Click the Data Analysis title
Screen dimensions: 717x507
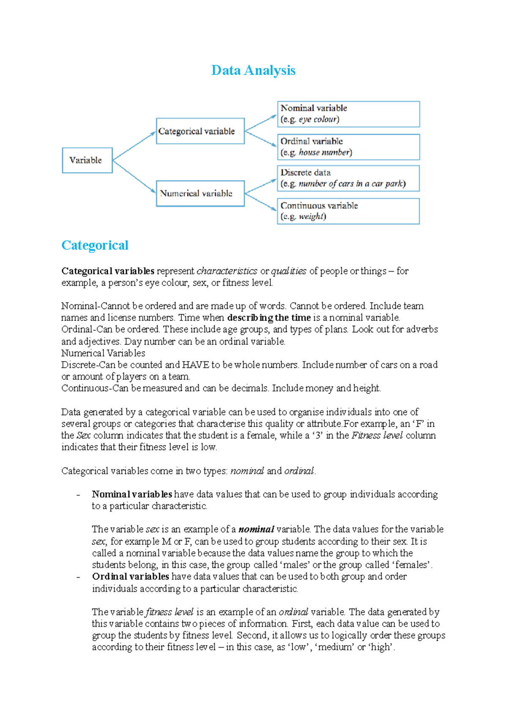253,70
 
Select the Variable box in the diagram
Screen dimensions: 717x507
87,160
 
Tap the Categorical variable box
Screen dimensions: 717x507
200,131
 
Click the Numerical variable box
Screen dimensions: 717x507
200,193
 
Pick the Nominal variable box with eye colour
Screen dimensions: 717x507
348,114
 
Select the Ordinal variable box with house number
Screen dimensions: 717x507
348,147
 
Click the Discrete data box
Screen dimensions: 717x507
348,178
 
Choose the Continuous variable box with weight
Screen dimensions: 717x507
348,211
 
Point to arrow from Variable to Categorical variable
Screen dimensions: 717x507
134,146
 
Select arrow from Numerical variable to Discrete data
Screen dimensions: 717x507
261,186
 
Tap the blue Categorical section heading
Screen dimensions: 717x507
95,245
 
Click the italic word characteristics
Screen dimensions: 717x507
227,271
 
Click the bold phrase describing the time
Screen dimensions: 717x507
269,318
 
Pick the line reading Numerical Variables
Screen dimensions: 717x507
103,353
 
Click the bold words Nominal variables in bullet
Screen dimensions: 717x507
132,494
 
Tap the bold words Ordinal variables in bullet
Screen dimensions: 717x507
131,576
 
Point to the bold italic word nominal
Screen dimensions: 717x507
256,529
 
